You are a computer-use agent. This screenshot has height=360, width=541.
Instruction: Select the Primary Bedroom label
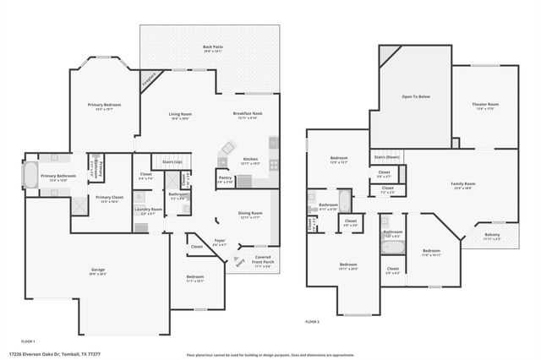(105, 105)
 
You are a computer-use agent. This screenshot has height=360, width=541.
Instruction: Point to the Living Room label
(180, 114)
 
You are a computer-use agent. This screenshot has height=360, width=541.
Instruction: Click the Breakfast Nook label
(248, 114)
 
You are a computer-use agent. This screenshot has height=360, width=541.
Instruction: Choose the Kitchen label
(250, 159)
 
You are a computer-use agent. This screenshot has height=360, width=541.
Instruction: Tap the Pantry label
(225, 177)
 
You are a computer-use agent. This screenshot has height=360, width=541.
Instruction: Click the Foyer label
(219, 241)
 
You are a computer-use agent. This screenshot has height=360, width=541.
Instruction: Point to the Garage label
(98, 270)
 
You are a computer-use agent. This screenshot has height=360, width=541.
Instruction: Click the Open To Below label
(416, 97)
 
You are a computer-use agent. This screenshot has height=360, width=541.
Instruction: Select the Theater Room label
(485, 105)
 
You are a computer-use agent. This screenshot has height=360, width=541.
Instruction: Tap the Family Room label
(462, 183)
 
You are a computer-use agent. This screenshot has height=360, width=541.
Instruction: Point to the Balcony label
(491, 235)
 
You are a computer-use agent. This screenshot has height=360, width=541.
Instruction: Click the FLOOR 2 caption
(313, 322)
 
